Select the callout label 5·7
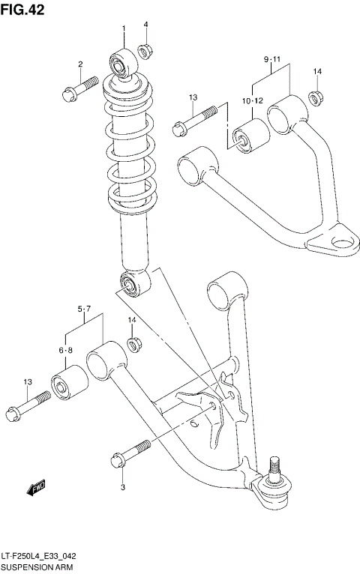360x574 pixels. pos(83,309)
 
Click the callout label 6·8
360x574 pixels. pos(65,350)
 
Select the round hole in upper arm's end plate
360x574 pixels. pos(343,241)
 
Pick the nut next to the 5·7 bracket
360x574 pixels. pos(135,345)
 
